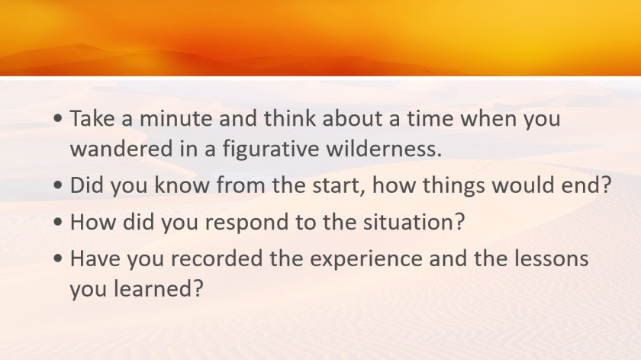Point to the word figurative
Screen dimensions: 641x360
[271, 149]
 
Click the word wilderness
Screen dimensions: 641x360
[383, 148]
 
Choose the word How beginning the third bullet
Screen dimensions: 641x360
[93, 222]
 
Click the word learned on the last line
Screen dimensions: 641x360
[158, 288]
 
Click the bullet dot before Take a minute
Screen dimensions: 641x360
[58, 119]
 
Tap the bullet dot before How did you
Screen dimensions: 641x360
[58, 223]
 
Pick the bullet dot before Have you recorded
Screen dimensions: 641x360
[58, 259]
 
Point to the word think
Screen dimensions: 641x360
[290, 118]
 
